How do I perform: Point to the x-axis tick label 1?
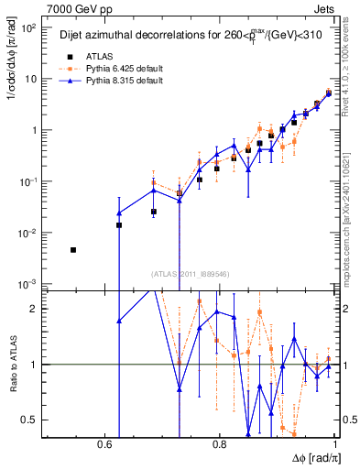[336, 444]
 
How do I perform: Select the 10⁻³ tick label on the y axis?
[28, 285]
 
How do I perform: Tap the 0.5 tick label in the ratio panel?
[29, 420]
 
